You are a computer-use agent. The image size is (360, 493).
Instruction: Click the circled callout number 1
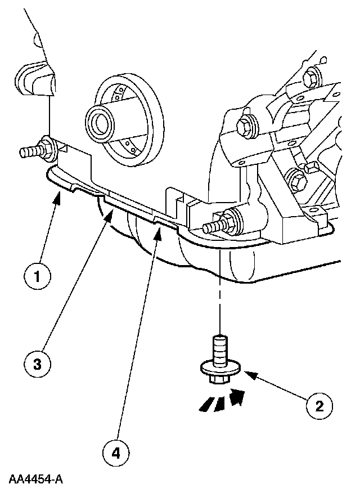point(37,277)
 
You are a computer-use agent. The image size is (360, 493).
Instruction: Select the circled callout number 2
point(319,405)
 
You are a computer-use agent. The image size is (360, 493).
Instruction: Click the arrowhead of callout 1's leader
point(58,195)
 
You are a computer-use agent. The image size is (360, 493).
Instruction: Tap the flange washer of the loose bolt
point(221,369)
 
